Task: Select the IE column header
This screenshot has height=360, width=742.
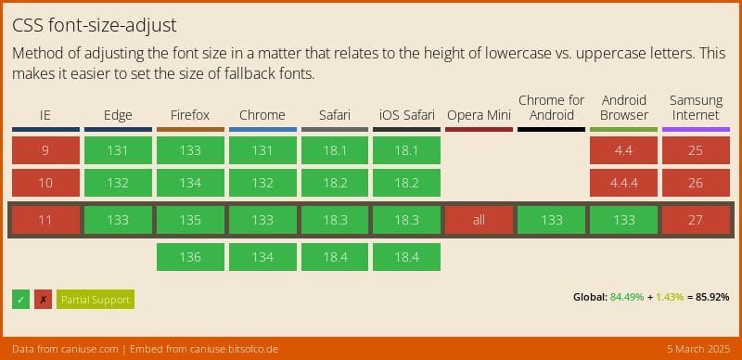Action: click(45, 115)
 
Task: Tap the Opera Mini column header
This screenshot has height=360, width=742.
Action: click(479, 115)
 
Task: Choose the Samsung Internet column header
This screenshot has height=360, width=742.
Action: click(696, 107)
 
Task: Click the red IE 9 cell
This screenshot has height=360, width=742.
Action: click(45, 150)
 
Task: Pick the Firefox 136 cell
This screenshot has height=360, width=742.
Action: click(190, 257)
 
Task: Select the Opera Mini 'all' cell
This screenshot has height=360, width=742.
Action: click(479, 220)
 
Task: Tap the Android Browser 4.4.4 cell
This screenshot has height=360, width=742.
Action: click(623, 183)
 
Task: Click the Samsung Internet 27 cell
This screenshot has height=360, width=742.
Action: click(696, 220)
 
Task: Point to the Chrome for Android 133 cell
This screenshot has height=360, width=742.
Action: click(551, 220)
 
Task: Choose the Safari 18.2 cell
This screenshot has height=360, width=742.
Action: click(334, 183)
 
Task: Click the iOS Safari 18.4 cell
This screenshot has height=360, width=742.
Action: click(406, 257)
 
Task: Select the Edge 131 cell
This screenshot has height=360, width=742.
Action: click(118, 150)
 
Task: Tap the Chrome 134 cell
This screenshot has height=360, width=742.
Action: click(262, 257)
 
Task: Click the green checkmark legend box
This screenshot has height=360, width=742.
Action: click(20, 299)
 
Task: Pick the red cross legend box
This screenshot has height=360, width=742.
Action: click(43, 299)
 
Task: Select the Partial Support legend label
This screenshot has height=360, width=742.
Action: click(96, 299)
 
